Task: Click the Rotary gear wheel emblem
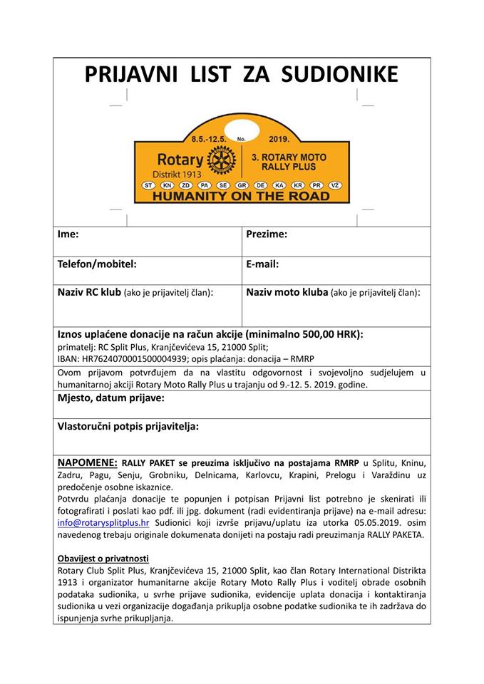221,160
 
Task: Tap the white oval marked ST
149,185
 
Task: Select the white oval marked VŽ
336,185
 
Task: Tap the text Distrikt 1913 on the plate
177,174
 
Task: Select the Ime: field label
68,234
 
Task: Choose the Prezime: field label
267,234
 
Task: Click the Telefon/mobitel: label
97,264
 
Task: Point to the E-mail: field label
262,264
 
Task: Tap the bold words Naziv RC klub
89,292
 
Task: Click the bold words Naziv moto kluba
287,292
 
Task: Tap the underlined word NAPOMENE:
87,462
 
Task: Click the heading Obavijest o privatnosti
103,558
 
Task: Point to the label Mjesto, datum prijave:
110,398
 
